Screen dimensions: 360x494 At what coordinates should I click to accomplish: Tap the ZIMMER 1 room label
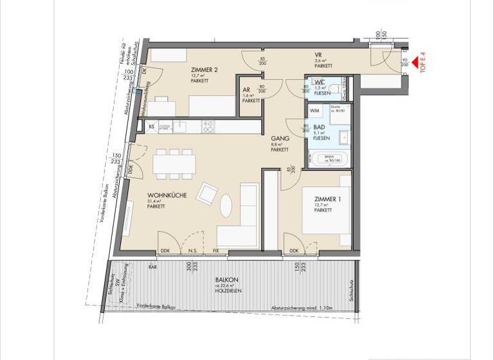point(328,200)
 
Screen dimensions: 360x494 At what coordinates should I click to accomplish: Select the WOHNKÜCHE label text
point(167,195)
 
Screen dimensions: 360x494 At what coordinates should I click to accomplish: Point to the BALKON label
point(227,280)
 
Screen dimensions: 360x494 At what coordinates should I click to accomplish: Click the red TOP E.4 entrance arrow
point(416,62)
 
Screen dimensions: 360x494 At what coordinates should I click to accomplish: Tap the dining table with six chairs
point(174,164)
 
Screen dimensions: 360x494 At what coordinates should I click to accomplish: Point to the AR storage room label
point(246,90)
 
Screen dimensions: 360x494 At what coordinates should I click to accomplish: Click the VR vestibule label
point(318,55)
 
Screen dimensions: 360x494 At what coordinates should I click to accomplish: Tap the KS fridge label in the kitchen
point(151,127)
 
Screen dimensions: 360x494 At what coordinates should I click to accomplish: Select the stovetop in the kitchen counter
point(208,127)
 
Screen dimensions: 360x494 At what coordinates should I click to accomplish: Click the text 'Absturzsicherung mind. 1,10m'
point(301,308)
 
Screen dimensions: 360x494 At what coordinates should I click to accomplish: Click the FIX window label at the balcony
point(215,251)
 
